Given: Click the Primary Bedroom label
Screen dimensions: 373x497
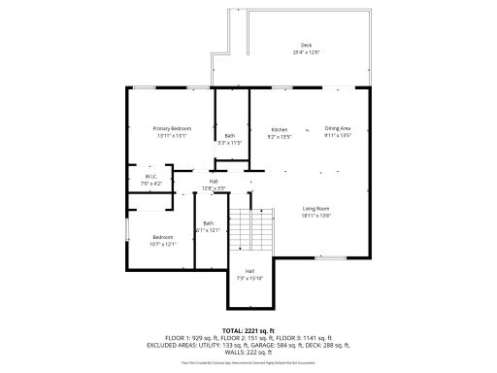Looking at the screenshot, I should [x=172, y=129].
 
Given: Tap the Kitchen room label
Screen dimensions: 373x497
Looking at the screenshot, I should [x=279, y=129].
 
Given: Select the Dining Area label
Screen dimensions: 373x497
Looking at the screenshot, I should [x=337, y=129].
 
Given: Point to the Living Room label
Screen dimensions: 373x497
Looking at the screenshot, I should [x=316, y=209].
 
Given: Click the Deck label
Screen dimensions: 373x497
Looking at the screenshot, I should [x=306, y=46].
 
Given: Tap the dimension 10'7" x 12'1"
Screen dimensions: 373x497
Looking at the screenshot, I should [x=164, y=244].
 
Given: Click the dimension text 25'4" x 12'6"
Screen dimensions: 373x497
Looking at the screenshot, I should [x=306, y=52].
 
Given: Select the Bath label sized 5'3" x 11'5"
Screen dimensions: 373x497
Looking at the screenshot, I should [x=230, y=136].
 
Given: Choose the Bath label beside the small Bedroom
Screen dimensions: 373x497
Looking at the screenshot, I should [x=208, y=223].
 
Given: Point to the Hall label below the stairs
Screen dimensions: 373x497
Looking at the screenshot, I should [x=249, y=271].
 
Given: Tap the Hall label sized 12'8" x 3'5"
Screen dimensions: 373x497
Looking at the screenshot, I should [x=214, y=181].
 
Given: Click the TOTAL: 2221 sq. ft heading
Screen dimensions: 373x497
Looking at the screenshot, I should [x=248, y=330].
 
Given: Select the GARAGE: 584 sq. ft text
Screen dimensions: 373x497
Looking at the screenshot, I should [x=277, y=345].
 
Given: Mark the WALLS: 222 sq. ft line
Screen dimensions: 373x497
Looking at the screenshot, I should [x=248, y=352].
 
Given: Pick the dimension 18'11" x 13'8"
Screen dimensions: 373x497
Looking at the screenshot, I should [x=316, y=215].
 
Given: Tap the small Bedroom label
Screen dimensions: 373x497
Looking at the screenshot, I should [x=164, y=237].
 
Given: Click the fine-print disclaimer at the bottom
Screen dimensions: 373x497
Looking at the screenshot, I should [x=248, y=361].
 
